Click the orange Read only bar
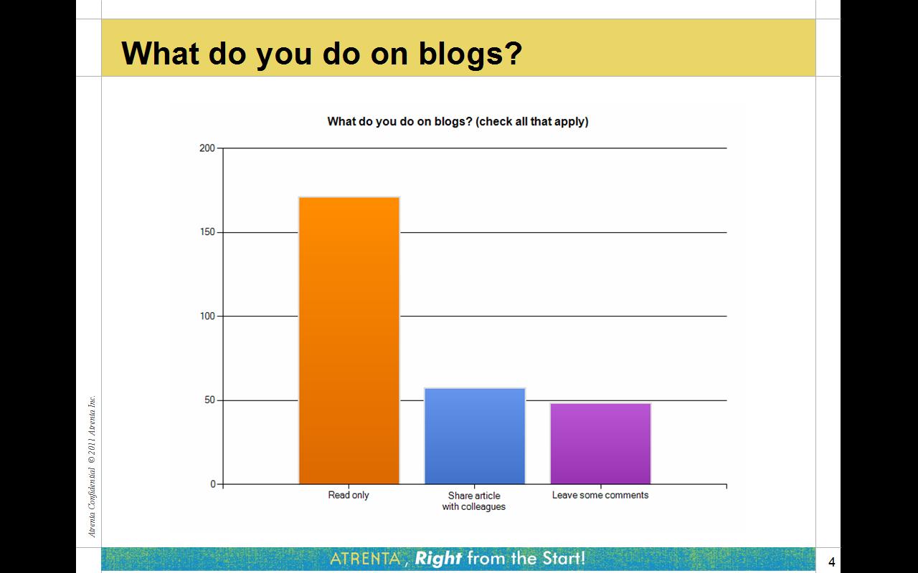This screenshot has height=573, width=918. [x=349, y=340]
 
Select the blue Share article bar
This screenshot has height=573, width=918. [x=475, y=436]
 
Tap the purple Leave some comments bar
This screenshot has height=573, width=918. [x=601, y=444]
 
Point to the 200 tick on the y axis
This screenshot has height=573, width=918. [x=207, y=148]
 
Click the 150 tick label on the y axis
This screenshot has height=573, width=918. [x=207, y=232]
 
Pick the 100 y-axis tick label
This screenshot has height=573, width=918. [x=207, y=316]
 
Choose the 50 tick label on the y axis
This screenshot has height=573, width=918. [x=210, y=400]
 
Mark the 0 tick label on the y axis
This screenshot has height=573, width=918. [x=213, y=484]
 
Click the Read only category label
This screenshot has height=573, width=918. [x=349, y=495]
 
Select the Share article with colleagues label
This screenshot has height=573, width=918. [x=474, y=501]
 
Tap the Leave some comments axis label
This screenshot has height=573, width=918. [x=600, y=495]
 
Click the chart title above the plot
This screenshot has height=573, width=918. [x=458, y=122]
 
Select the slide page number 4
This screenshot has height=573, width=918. [x=831, y=562]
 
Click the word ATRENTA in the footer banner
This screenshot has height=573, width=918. [x=366, y=559]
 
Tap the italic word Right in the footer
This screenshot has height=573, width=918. [x=438, y=559]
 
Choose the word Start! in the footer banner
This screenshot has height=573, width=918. [x=564, y=558]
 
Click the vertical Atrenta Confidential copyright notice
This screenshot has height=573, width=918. [x=92, y=466]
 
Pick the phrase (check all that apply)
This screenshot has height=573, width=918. [x=532, y=122]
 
